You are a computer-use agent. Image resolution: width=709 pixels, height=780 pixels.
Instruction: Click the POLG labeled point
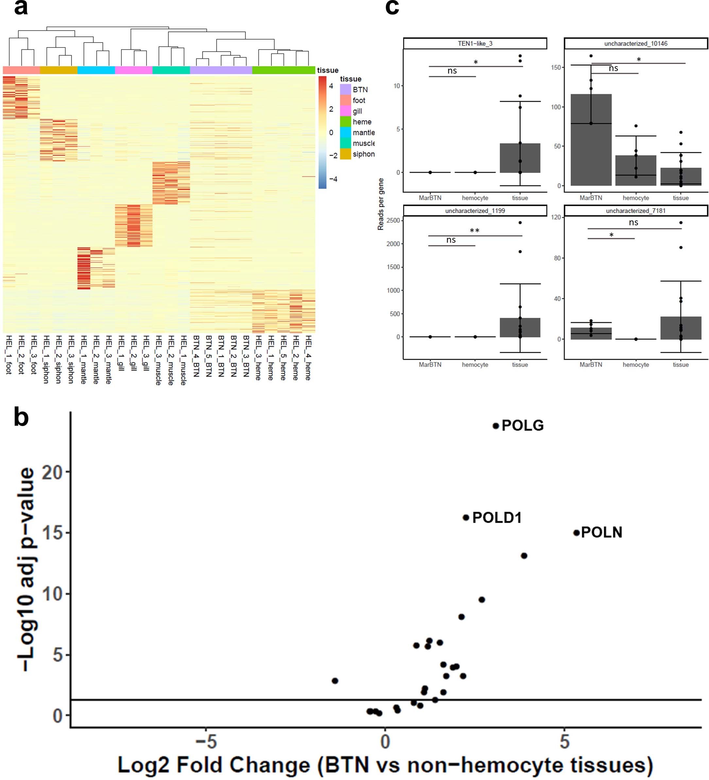coord(495,426)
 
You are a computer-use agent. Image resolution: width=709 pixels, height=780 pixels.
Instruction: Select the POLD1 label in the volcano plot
coord(497,518)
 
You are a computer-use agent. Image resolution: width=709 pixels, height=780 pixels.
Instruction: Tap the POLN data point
coord(576,533)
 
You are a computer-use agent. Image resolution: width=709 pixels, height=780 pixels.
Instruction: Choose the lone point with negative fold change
coord(335,680)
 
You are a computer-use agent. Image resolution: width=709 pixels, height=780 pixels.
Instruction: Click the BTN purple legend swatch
coord(345,89)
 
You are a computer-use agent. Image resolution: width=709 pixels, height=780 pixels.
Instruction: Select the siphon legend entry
coord(363,154)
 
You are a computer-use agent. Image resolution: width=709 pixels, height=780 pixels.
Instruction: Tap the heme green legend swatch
coord(345,122)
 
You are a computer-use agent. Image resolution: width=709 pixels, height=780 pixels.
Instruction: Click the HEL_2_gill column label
coord(133,353)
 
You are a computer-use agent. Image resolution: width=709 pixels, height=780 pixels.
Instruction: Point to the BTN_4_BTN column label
coord(196,356)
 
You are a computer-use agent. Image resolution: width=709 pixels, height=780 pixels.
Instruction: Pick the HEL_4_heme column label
coord(308,357)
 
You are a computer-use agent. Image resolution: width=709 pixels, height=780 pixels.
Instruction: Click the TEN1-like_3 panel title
coord(475,43)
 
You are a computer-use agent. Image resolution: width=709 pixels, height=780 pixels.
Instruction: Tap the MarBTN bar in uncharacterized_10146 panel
coord(591,140)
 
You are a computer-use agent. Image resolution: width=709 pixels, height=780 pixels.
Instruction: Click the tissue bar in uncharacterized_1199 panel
coord(520,327)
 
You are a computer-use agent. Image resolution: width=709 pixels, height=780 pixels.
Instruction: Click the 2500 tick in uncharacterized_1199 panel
coord(393,221)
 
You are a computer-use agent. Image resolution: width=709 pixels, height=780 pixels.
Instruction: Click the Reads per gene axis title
coord(381,204)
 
